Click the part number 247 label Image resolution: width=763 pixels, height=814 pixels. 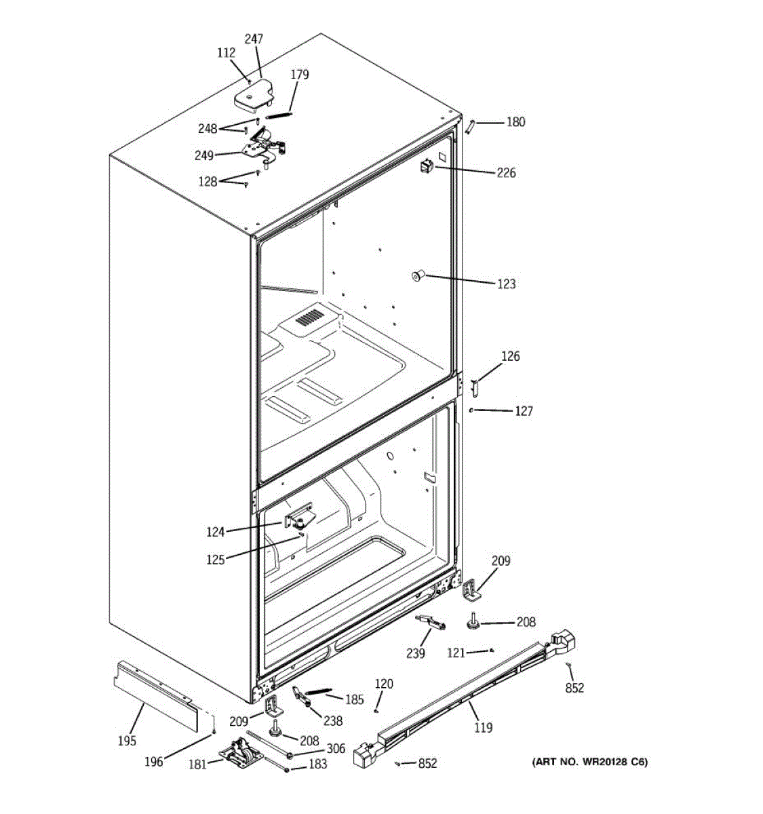pos(254,39)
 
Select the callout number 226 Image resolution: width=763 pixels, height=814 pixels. pos(506,173)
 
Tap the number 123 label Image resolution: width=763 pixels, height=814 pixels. pos(506,284)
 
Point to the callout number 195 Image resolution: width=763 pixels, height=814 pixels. pos(127,741)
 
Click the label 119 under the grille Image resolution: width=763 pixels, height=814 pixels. pos(483,728)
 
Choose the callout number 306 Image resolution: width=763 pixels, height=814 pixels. pos(336,749)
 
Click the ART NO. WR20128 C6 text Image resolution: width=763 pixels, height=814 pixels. pos(589,762)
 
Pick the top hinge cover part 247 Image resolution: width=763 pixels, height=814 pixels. pos(253,98)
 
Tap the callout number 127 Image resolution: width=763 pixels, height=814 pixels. pos(524,411)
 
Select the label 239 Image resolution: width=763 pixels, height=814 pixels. pos(416,653)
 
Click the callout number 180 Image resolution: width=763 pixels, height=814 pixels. pos(515,122)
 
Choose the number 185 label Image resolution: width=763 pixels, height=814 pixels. pos(354,699)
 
